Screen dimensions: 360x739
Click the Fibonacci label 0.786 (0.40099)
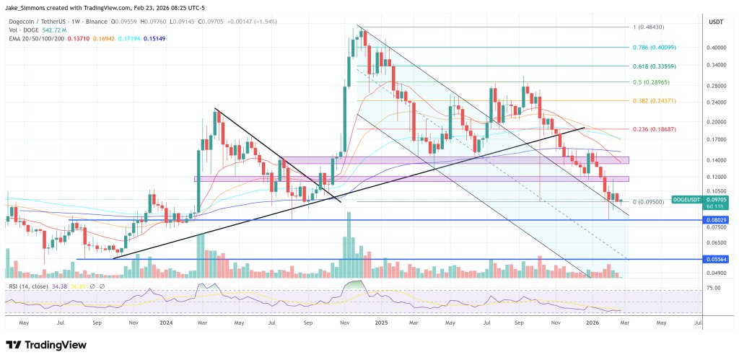tap(656, 47)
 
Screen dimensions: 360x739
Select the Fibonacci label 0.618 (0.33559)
tap(656, 65)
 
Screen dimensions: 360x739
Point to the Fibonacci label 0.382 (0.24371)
tap(656, 101)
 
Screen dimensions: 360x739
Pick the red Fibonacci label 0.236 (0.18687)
tap(656, 128)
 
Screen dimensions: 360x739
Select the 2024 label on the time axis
tap(167, 324)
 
